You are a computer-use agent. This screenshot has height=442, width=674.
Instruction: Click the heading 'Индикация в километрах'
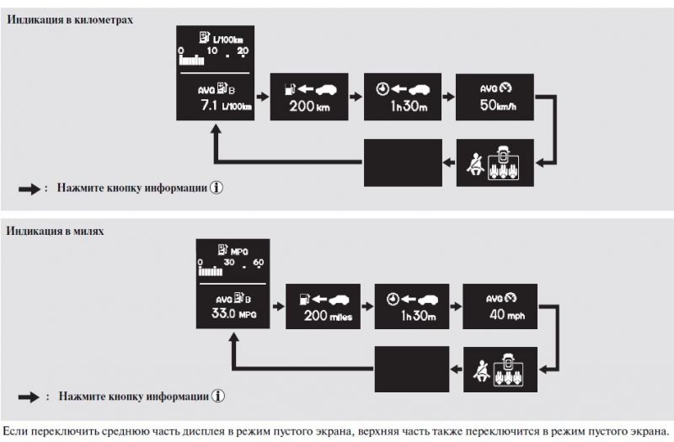point(71,19)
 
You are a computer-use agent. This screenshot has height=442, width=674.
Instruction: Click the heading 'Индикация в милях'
point(56,230)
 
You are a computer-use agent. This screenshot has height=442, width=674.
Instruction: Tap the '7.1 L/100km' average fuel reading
point(217,106)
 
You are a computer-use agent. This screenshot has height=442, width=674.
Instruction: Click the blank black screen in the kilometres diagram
point(404,162)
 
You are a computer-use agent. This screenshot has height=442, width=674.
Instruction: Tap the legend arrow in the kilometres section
point(29,189)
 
